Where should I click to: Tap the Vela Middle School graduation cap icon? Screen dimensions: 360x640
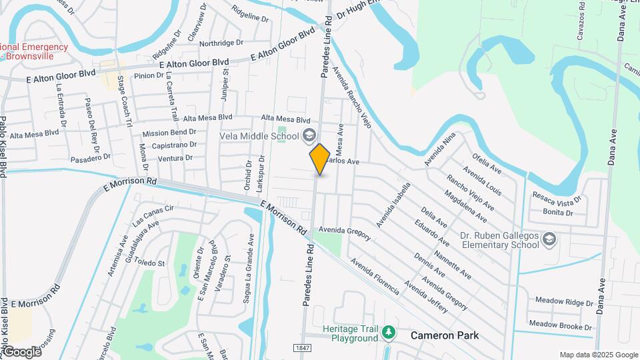[309, 136]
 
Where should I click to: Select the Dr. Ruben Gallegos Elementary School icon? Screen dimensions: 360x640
[549, 239]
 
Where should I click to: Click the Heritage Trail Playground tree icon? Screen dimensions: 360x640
[388, 331]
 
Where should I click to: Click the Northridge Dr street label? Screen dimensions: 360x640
[221, 43]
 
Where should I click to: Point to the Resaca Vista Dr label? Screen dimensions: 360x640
[557, 197]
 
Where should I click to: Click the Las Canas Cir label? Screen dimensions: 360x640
[153, 214]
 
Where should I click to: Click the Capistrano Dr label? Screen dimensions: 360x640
[173, 145]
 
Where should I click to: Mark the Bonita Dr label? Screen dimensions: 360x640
[558, 213]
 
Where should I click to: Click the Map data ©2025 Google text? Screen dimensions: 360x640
[599, 355]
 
